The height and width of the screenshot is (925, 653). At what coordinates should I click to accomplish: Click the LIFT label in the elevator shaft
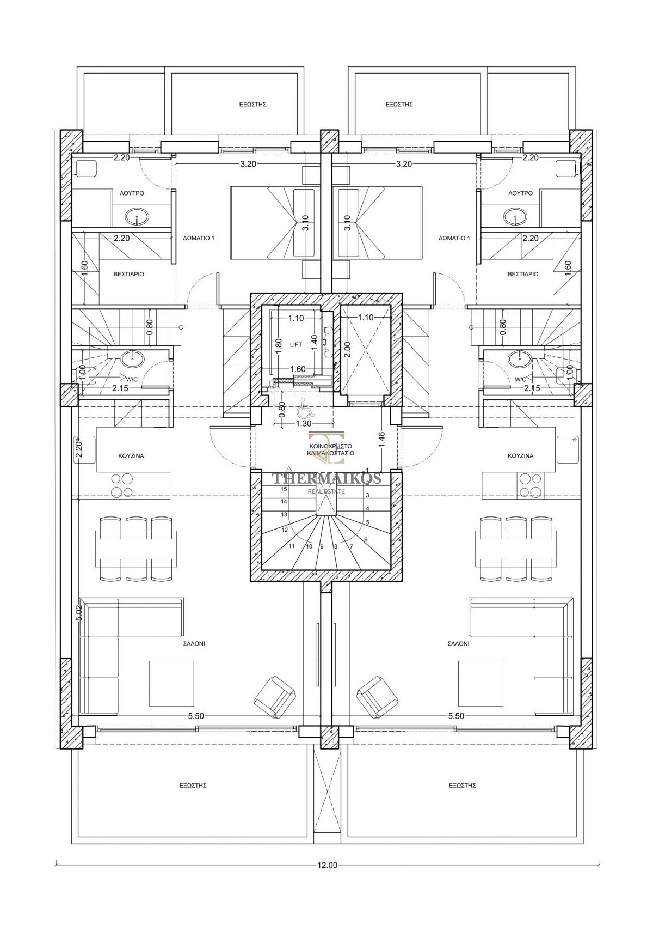(x=296, y=345)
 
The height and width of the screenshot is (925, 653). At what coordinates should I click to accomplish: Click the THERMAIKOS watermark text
(x=326, y=479)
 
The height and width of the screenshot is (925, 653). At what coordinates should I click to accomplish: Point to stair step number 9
(x=322, y=546)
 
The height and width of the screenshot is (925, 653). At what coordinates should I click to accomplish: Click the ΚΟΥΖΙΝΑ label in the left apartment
(x=131, y=456)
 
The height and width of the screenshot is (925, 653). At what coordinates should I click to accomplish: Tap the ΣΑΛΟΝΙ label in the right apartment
(x=458, y=643)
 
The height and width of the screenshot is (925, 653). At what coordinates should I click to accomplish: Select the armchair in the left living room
(x=275, y=697)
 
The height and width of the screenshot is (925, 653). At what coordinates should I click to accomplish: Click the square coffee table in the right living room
(x=480, y=684)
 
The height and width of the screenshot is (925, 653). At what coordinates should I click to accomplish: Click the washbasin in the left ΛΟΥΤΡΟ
(x=137, y=216)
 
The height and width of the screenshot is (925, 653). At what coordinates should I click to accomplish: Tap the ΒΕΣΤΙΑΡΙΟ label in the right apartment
(x=523, y=274)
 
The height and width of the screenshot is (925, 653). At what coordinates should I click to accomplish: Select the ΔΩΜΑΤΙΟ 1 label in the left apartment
(x=199, y=238)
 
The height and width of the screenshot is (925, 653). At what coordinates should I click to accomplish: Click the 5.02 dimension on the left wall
(x=80, y=613)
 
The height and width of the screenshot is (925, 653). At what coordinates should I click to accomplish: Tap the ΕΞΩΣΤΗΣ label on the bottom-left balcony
(x=193, y=786)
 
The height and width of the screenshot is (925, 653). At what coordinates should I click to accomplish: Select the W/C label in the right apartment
(x=521, y=379)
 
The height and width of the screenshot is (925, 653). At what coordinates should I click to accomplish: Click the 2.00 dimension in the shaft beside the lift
(x=348, y=349)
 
